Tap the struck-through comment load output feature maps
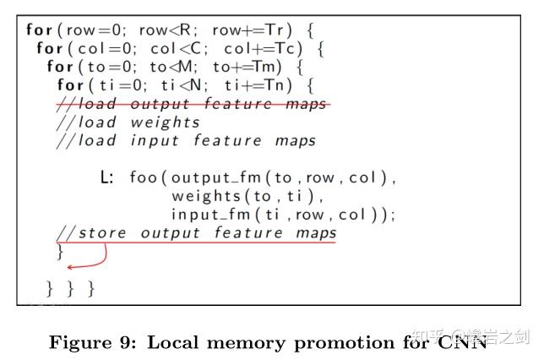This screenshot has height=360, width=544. [x=193, y=104]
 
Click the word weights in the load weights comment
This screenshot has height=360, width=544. [x=166, y=122]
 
